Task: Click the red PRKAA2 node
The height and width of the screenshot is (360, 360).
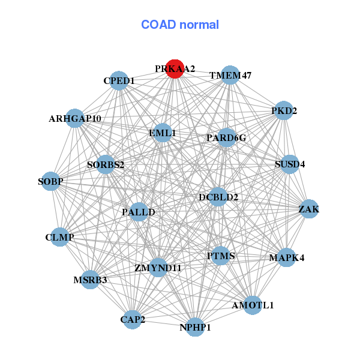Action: [175, 69]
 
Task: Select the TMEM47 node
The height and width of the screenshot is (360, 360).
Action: [230, 76]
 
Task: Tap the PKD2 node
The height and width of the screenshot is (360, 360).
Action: [283, 111]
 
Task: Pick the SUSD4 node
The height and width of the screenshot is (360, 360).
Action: [290, 164]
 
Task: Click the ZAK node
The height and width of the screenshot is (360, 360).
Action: [308, 209]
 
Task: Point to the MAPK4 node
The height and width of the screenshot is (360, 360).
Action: [286, 258]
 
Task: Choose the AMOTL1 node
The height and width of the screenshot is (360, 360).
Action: [253, 305]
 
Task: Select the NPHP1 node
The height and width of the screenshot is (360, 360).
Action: [195, 327]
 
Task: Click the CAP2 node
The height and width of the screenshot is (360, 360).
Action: [133, 319]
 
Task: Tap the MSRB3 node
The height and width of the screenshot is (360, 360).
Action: [90, 280]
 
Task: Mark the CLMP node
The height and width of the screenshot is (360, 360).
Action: [59, 238]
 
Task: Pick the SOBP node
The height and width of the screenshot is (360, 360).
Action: [50, 181]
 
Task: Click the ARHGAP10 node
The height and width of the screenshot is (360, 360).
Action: [75, 119]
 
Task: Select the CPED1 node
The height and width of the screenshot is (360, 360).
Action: [119, 81]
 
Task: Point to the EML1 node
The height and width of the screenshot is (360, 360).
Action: [162, 133]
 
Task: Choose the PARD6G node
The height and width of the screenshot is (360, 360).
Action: [226, 138]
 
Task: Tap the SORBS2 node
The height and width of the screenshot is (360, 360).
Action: [106, 164]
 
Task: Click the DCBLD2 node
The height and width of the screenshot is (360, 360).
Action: [218, 197]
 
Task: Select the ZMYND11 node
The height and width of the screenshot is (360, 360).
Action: [158, 267]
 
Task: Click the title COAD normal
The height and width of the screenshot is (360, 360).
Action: [180, 25]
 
